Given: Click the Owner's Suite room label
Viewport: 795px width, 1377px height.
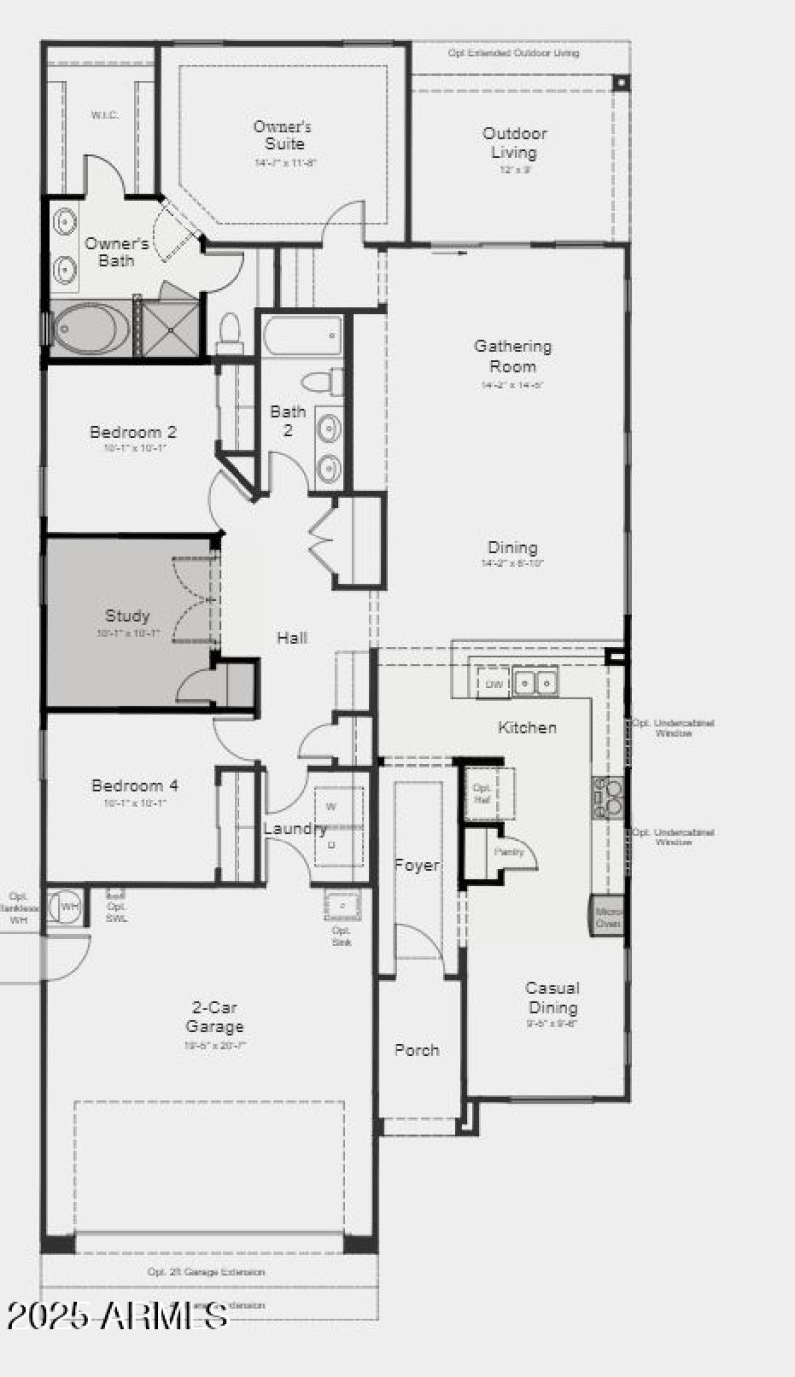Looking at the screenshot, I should pos(283,136).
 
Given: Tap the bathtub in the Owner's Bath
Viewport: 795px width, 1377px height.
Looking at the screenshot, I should pos(90,328).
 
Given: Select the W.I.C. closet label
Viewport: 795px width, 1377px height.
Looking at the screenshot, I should pos(105,115).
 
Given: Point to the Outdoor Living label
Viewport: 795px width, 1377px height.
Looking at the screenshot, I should pos(514,143).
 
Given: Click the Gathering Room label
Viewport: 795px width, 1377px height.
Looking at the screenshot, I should pos(512,356).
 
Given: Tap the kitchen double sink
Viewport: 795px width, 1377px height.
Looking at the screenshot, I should pos(536,683).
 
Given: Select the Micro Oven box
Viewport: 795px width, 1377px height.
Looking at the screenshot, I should pos(607,917).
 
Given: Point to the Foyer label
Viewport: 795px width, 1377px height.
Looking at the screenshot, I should pos(416,865).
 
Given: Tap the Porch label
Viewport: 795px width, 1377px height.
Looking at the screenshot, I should pos(416,1050).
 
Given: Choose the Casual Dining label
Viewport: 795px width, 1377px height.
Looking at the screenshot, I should pos(553,997).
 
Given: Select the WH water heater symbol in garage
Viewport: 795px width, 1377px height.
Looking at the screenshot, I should pos(68,907).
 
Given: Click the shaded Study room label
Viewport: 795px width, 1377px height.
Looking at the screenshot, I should pos(128,615).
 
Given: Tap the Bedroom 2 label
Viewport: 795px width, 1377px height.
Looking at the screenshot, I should pos(133,432).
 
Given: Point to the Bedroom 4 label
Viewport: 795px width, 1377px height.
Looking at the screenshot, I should pos(135,786).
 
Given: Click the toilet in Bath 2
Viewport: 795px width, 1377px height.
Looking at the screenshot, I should pos(321,381).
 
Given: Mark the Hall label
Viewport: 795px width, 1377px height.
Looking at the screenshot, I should pos(291,638).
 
